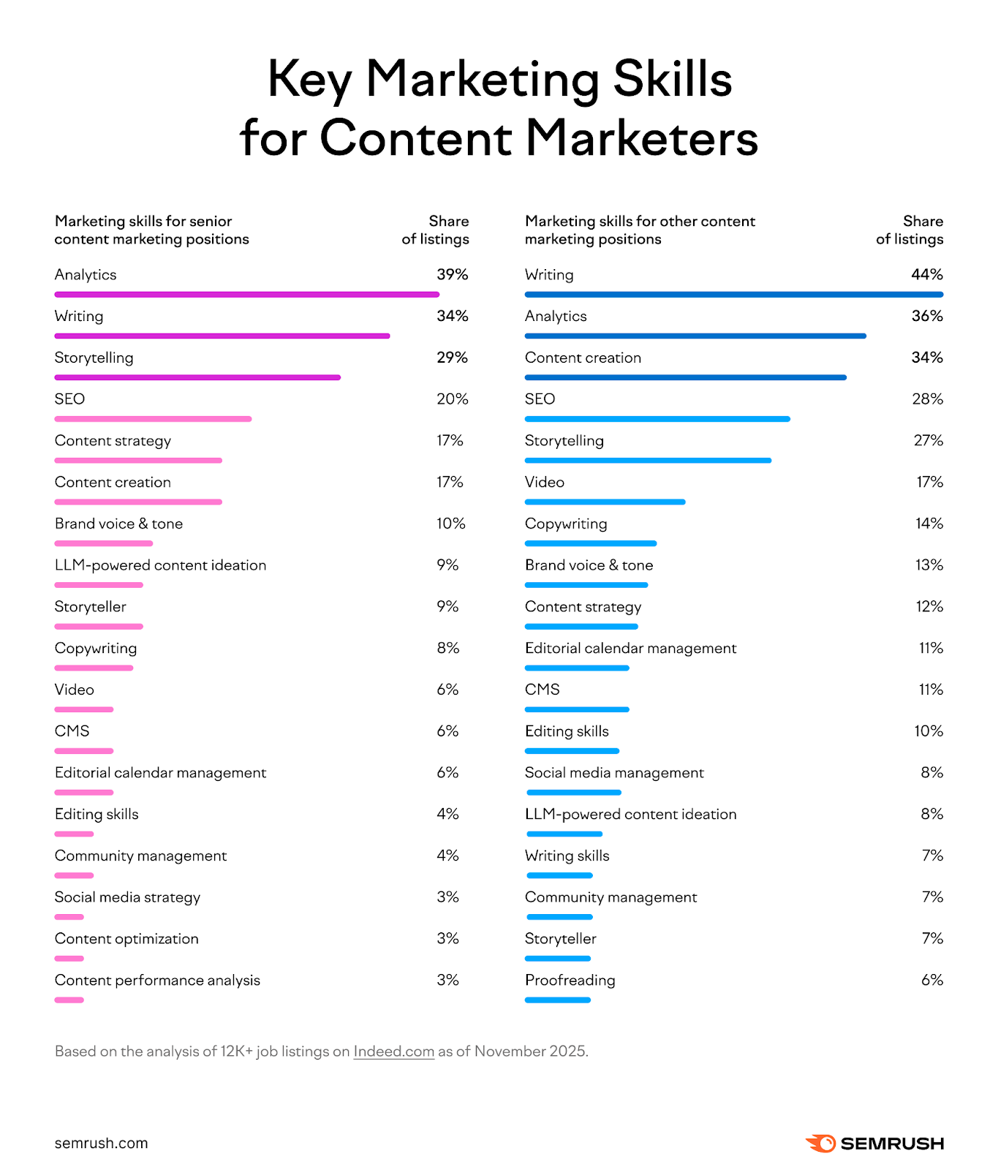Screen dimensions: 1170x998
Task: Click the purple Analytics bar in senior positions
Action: point(246,295)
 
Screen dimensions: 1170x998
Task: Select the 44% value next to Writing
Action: point(926,275)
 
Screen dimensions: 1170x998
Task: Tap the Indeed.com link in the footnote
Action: point(393,1052)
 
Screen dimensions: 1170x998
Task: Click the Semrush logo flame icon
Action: point(821,1143)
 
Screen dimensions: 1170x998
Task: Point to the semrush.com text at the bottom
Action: point(101,1143)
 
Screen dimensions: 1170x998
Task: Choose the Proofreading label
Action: point(570,981)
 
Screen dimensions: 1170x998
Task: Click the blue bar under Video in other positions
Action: point(605,502)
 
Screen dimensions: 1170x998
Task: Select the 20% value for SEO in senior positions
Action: point(452,399)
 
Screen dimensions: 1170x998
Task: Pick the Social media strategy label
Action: point(127,898)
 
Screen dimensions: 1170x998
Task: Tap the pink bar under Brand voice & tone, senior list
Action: point(103,544)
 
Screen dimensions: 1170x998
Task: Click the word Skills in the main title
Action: point(672,79)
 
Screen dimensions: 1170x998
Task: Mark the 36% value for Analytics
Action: point(926,317)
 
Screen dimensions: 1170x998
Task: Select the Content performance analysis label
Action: point(157,981)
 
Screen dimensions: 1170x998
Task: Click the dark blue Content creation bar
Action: point(685,378)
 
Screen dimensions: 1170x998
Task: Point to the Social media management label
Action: point(614,773)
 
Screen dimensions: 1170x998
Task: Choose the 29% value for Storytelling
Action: point(452,358)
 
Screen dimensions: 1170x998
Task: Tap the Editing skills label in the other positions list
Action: point(567,731)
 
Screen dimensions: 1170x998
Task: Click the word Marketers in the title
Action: point(641,138)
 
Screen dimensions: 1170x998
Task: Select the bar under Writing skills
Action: point(559,876)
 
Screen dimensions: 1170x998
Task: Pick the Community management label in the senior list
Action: point(140,856)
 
